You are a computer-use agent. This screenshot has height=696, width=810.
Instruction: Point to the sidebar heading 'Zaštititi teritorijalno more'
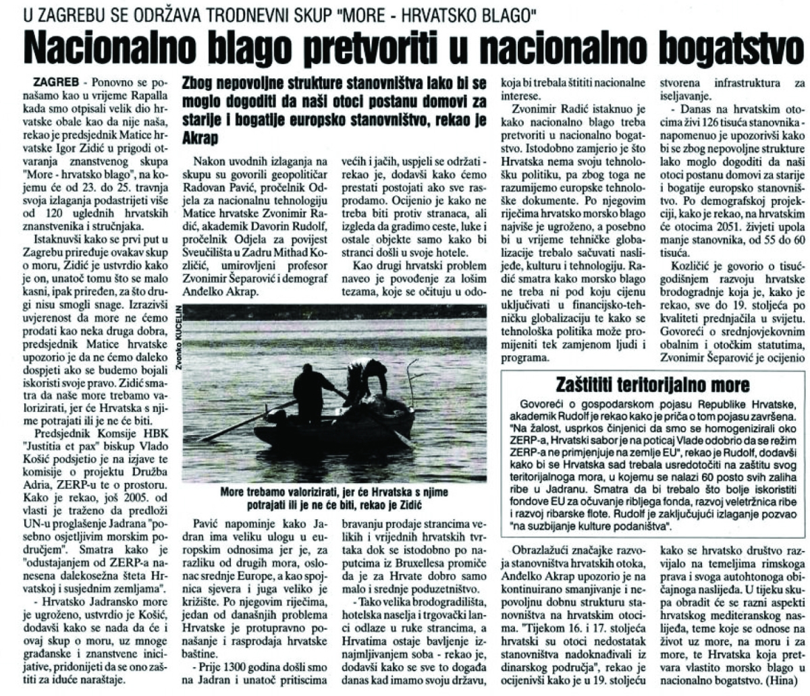pos(653,385)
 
